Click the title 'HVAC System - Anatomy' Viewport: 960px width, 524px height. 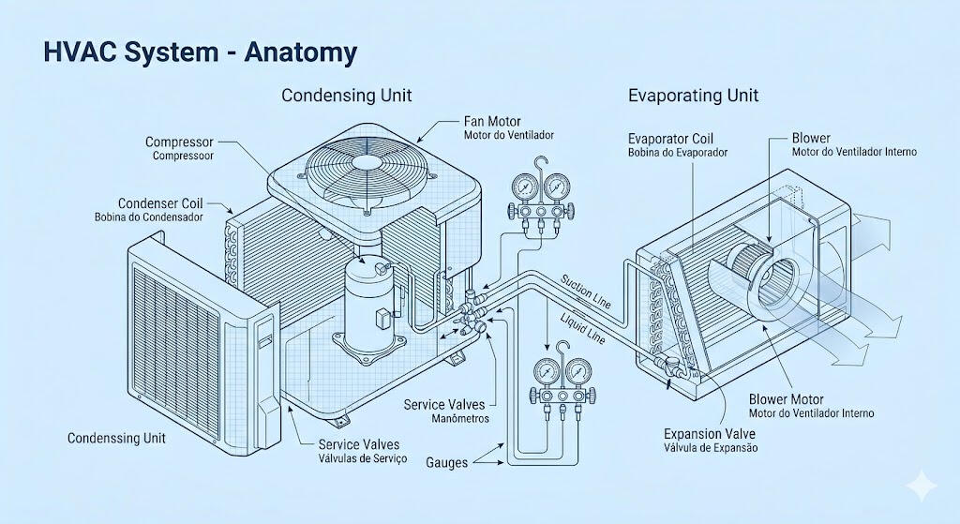point(201,52)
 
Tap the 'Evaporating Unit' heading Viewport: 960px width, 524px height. point(693,96)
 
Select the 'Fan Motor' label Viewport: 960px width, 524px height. point(492,121)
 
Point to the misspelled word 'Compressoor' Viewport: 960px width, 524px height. point(183,156)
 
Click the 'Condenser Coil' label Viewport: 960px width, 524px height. point(160,203)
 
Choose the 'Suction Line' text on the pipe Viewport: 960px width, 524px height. point(586,291)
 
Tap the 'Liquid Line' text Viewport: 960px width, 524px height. point(583,328)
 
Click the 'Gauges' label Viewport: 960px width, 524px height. point(447,463)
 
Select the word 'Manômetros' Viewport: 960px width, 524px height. point(460,419)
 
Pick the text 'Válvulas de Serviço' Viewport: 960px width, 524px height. point(363,458)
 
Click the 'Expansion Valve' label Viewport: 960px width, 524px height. point(710,434)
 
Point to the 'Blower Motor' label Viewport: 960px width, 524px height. point(787,399)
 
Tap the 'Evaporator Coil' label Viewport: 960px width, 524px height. point(671,139)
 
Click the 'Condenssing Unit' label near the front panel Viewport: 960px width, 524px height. point(116,439)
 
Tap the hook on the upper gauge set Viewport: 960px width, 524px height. point(540,166)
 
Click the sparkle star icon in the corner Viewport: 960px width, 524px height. point(922,487)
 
